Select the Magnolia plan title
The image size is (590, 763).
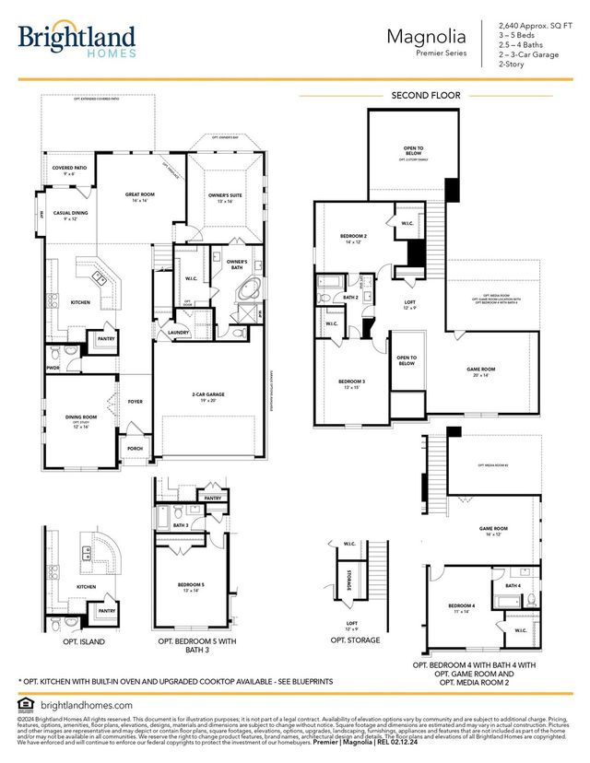pos(426,37)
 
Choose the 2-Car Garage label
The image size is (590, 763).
pos(208,395)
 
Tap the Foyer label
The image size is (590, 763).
pos(136,403)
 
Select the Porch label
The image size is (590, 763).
pos(136,451)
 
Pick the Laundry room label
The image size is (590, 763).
pos(179,333)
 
